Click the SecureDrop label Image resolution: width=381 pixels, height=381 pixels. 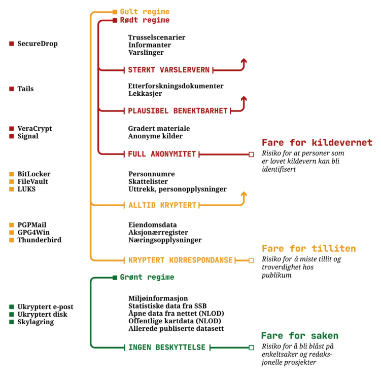point(38,44)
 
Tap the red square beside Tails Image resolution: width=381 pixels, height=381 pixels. point(12,89)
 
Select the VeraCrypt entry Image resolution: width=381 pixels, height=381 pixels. point(34,129)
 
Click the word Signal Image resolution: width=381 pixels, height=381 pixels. point(28,136)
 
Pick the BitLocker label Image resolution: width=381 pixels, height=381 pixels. point(34,174)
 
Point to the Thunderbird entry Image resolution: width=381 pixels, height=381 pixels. point(40,240)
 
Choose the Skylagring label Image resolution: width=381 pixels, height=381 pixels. point(36,322)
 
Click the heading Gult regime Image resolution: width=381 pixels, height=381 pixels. point(145,12)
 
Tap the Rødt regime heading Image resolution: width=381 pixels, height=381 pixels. point(145,20)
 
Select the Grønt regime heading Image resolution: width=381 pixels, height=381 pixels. point(147,277)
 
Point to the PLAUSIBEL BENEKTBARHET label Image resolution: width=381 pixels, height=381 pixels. point(178,110)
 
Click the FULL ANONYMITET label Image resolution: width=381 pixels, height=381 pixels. point(162,154)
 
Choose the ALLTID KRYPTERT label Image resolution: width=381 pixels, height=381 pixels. point(162,205)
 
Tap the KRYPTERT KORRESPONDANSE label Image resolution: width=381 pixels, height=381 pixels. point(180,260)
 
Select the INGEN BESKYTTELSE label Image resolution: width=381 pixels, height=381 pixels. point(166,347)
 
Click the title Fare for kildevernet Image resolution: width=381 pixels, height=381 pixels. point(317,143)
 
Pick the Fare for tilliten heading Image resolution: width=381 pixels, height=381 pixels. point(308,249)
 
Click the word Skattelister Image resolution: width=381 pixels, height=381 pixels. point(148,181)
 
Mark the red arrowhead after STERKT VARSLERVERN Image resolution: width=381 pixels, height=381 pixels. point(244,61)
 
